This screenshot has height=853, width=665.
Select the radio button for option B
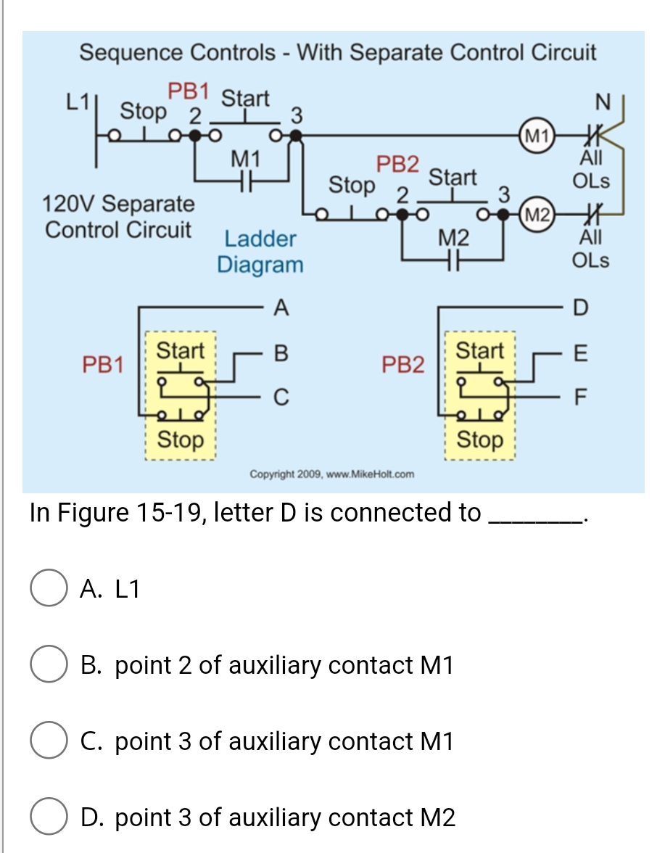click(49, 666)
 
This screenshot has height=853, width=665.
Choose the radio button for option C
click(49, 742)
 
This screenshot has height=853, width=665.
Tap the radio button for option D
click(49, 817)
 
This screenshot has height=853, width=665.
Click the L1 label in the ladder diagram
click(78, 102)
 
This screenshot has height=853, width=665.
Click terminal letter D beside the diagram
click(577, 308)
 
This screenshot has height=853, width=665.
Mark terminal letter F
click(577, 397)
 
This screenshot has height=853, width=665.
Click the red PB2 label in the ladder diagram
click(397, 165)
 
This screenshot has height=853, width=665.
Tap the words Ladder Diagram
click(260, 251)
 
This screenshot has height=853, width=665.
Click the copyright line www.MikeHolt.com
click(331, 474)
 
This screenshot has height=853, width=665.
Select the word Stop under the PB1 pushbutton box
click(181, 439)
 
